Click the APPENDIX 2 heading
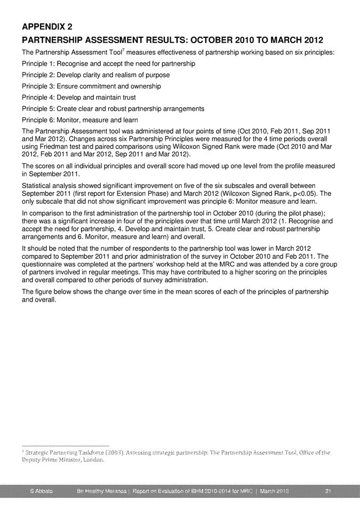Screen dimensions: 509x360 pos(47,27)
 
